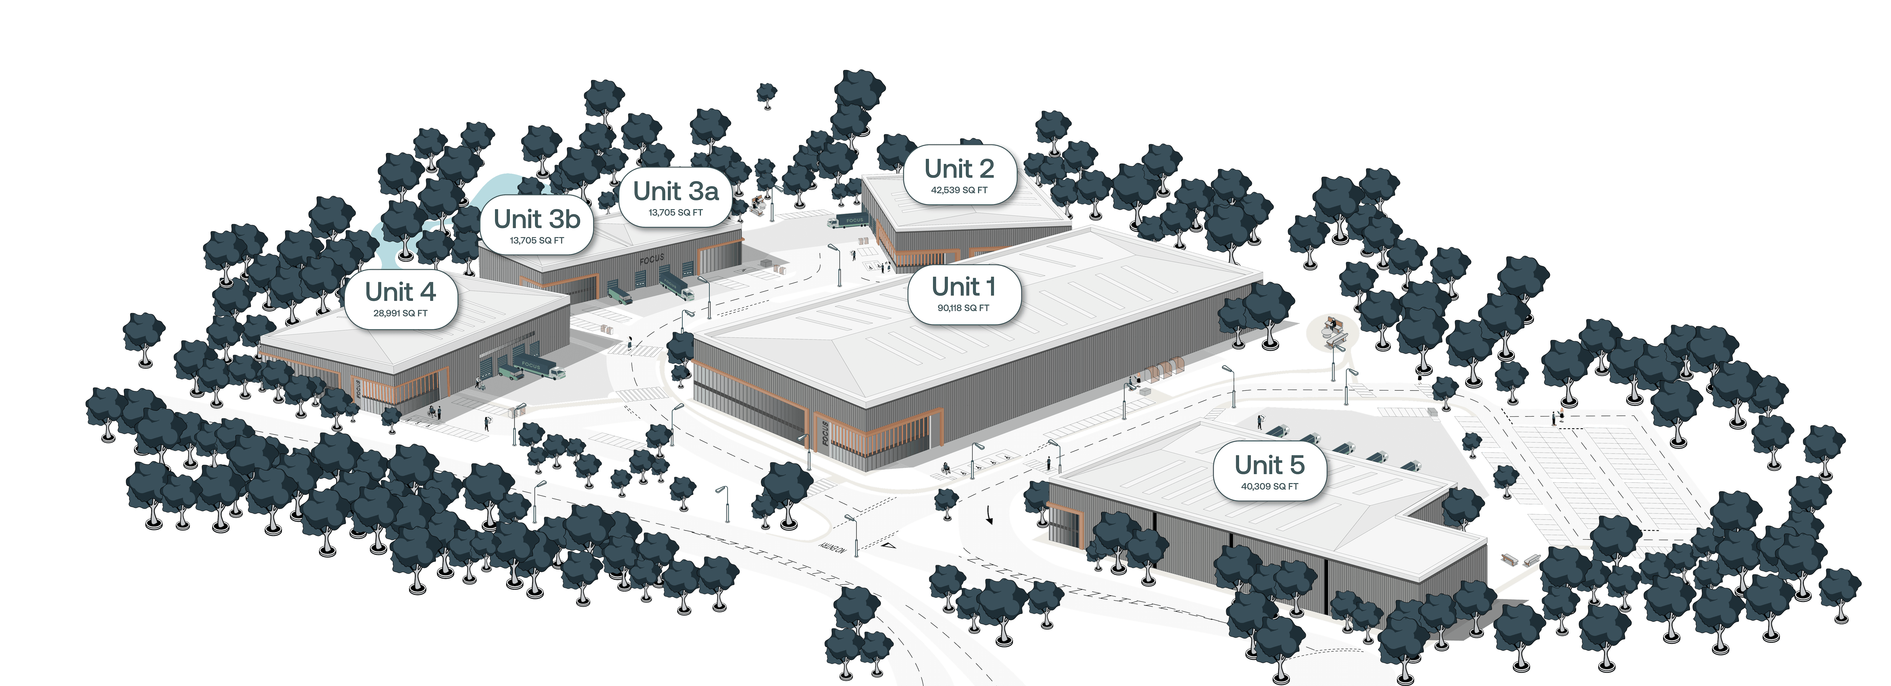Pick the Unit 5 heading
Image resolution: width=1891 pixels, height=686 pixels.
1269,465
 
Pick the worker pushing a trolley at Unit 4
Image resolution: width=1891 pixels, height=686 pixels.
478,382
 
